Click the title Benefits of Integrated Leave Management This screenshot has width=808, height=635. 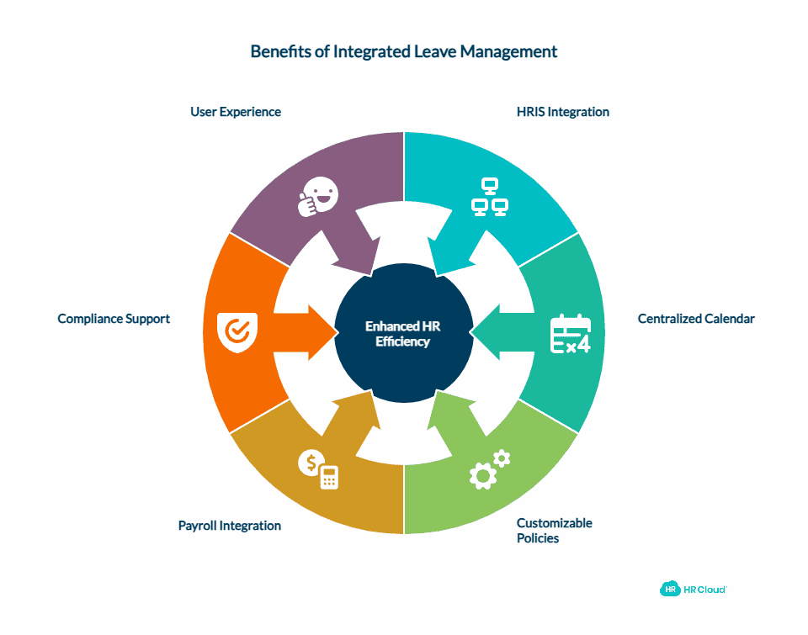pos(404,51)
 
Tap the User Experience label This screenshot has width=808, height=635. pos(236,112)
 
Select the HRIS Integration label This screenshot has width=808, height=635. pos(562,112)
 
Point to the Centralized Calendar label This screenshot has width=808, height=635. pos(696,319)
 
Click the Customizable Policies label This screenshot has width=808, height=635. pos(554,530)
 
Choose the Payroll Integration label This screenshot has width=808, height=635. pos(230,526)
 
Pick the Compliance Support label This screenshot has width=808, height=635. pos(114,319)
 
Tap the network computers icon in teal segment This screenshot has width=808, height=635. pos(489,198)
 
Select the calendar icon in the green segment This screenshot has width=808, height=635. pos(570,334)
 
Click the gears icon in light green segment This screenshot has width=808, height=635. pos(489,469)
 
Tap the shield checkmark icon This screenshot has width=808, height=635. pos(237,331)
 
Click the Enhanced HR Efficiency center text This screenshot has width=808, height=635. pos(403,334)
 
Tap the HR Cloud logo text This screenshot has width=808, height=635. pos(704,590)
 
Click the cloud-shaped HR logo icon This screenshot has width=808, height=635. pos(670,590)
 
